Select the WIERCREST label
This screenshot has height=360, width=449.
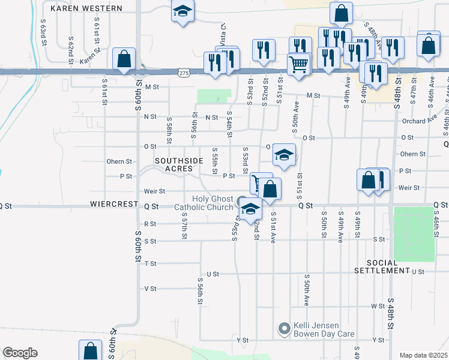click(114, 204)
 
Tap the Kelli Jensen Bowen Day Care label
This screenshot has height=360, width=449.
click(324, 330)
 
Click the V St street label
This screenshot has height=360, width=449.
click(151, 289)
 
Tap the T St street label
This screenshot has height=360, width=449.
click(150, 263)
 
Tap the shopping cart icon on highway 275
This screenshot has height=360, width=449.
click(298, 63)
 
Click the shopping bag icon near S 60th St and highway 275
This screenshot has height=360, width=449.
click(124, 59)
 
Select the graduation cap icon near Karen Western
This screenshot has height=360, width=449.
click(182, 11)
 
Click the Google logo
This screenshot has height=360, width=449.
click(20, 353)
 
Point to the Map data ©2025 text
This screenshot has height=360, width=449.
click(423, 355)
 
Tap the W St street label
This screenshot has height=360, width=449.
click(378, 306)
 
